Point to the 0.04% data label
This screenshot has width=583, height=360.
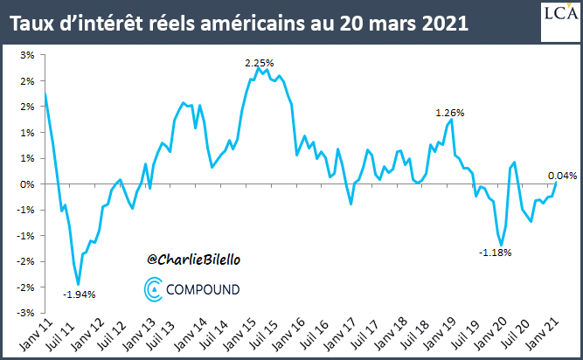pyautogui.click(x=563, y=175)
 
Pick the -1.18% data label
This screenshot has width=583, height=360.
pyautogui.click(x=495, y=253)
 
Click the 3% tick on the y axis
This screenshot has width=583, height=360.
pyautogui.click(x=28, y=55)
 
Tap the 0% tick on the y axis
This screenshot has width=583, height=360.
pyautogui.click(x=28, y=183)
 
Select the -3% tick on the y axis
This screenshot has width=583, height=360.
pyautogui.click(x=26, y=312)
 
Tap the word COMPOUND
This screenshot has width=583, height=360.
pyautogui.click(x=205, y=287)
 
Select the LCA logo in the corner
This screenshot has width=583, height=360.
pyautogui.click(x=559, y=19)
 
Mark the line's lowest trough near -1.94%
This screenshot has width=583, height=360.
pyautogui.click(x=79, y=284)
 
